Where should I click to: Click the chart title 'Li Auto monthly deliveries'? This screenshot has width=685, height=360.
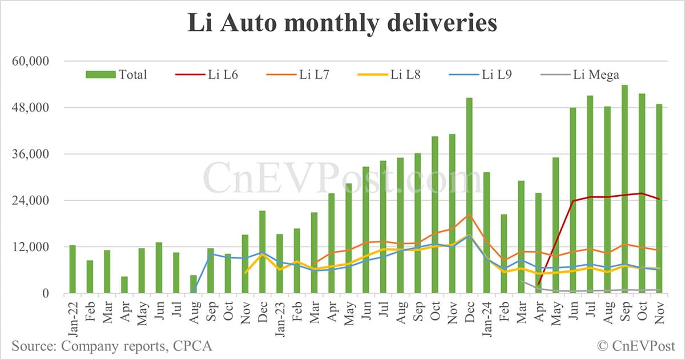(x=342, y=24)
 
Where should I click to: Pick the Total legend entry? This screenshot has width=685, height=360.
(x=117, y=75)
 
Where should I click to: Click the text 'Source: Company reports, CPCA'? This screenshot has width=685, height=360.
(x=112, y=346)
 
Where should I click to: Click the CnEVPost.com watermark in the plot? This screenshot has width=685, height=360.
(x=342, y=178)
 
